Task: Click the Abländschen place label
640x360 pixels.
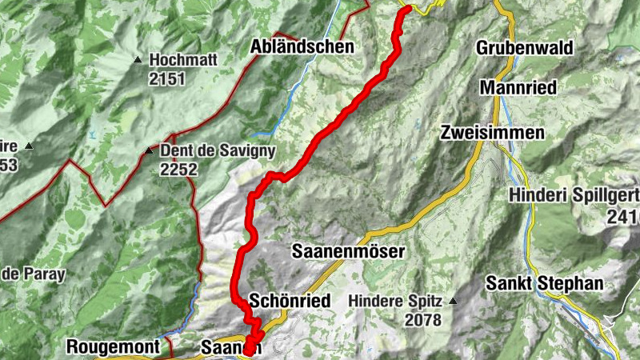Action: (x=302, y=47)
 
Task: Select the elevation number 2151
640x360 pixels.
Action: (x=166, y=78)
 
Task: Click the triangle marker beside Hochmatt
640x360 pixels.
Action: (x=138, y=59)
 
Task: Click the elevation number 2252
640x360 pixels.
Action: (x=179, y=170)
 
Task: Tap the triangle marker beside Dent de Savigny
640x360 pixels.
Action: (x=148, y=150)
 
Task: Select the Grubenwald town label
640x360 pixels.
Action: (x=525, y=48)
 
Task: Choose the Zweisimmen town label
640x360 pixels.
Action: (x=492, y=134)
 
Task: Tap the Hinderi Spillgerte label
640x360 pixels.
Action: (x=574, y=194)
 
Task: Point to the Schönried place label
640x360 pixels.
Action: (x=289, y=301)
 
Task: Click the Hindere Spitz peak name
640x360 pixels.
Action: (x=396, y=302)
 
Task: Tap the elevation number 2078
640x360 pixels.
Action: (x=423, y=321)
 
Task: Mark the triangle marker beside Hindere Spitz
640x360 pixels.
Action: (x=454, y=302)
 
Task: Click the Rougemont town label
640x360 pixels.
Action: (x=119, y=347)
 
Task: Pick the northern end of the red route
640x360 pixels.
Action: (x=406, y=9)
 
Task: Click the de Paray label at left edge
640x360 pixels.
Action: (x=32, y=274)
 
